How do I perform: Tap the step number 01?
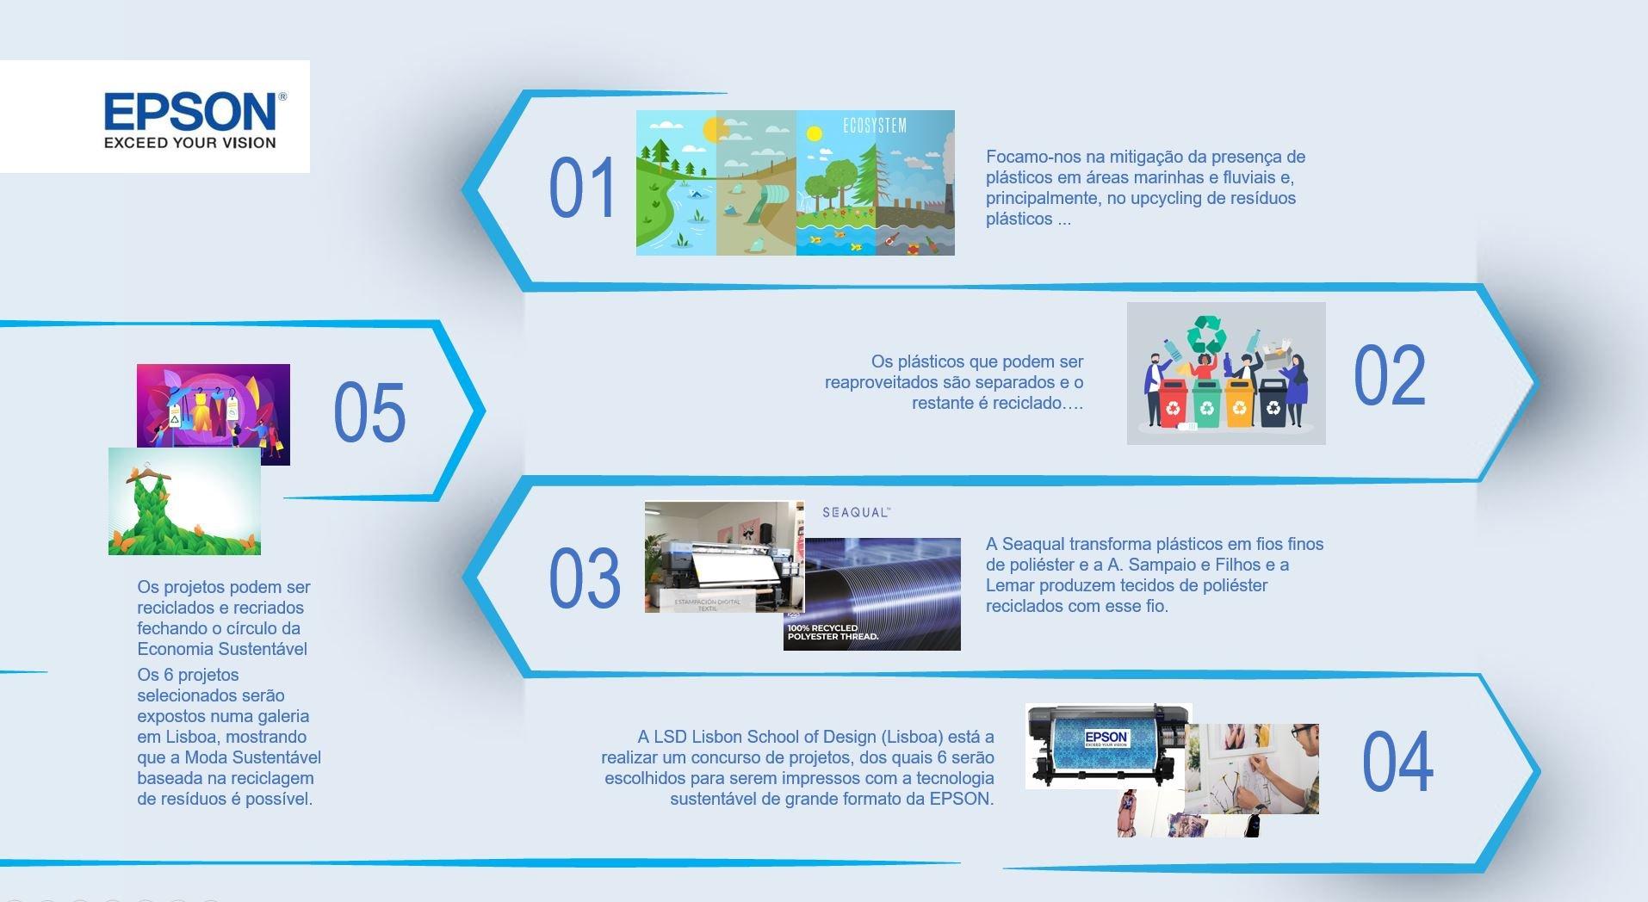point(582,188)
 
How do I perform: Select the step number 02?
point(1389,376)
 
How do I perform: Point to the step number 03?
point(584,577)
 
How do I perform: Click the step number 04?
point(1397,763)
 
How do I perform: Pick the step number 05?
point(369,412)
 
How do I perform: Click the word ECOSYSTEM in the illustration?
point(874,126)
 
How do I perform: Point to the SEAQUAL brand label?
point(856,513)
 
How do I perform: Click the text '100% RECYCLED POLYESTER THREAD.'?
point(833,633)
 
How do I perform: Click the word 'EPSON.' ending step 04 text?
point(962,799)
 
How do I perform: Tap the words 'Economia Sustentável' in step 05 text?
point(222,649)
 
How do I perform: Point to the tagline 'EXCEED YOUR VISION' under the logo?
point(190,143)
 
